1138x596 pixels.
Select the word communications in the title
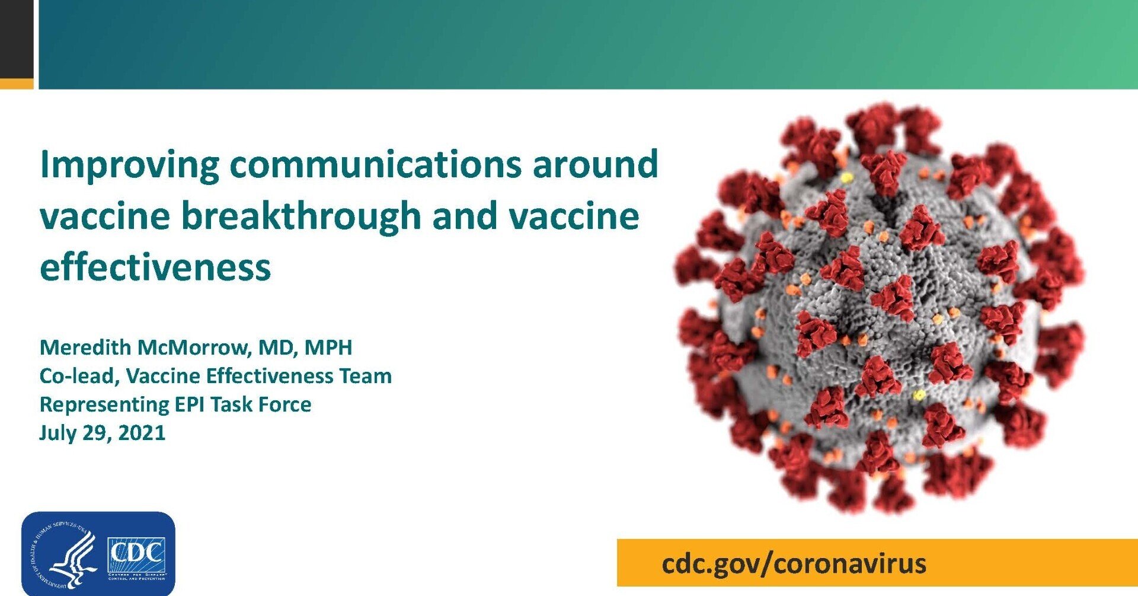(x=376, y=164)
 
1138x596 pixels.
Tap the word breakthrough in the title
(x=301, y=216)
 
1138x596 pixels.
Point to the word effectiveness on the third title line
(x=155, y=267)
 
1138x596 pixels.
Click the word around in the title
(x=595, y=164)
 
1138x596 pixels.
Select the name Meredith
(x=85, y=348)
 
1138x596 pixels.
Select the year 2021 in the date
(x=142, y=433)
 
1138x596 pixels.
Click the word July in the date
(x=57, y=433)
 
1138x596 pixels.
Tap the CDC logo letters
(x=136, y=553)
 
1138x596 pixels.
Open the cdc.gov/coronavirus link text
(x=794, y=563)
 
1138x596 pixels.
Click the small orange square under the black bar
(x=17, y=84)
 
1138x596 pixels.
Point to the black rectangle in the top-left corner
(x=17, y=39)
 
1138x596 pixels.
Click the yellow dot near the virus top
(x=847, y=177)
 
